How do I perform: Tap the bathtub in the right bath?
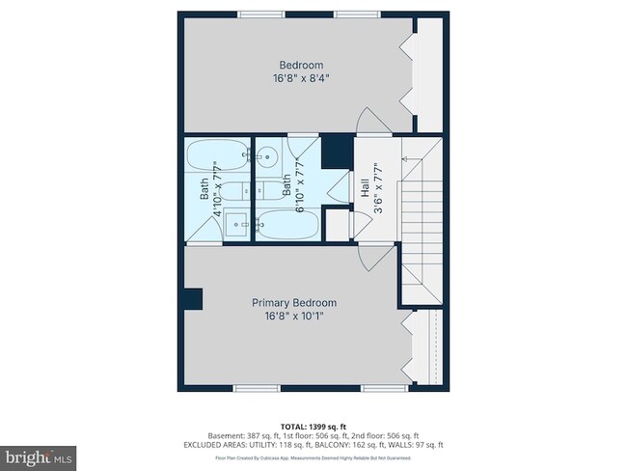coord(286,224)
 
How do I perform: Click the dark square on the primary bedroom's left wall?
coord(193,299)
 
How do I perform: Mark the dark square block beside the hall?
coord(335,151)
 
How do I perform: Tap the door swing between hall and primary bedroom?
coord(373,256)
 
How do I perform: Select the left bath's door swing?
coord(199,230)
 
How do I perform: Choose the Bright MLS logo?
coord(39,453)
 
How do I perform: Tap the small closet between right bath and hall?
coord(338,224)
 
